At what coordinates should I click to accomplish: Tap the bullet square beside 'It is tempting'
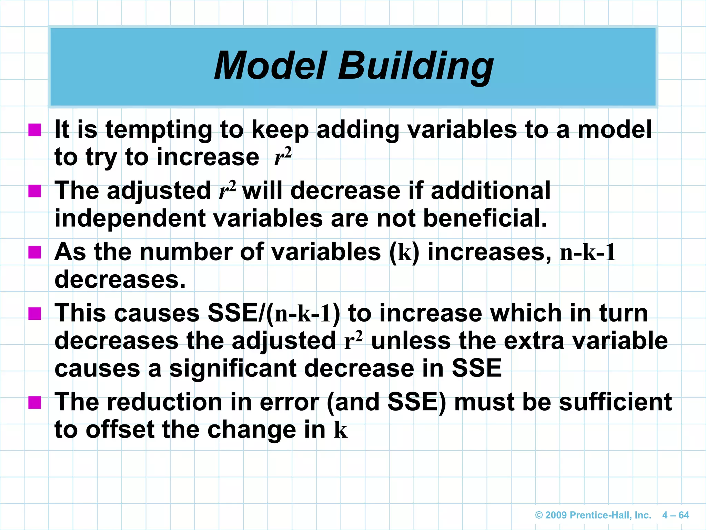tap(35, 130)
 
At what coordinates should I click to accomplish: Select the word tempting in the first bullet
tap(159, 130)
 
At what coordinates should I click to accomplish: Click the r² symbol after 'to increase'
tap(283, 157)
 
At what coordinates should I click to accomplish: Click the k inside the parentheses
tap(405, 253)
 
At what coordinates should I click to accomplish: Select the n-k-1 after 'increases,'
tap(587, 253)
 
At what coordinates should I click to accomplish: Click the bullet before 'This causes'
tap(35, 314)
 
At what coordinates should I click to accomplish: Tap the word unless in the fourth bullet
tap(411, 341)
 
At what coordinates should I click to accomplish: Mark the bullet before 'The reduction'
tap(35, 402)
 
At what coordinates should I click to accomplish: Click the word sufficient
tap(615, 402)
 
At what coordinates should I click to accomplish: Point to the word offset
tap(120, 430)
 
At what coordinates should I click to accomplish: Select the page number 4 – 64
tap(675, 515)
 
